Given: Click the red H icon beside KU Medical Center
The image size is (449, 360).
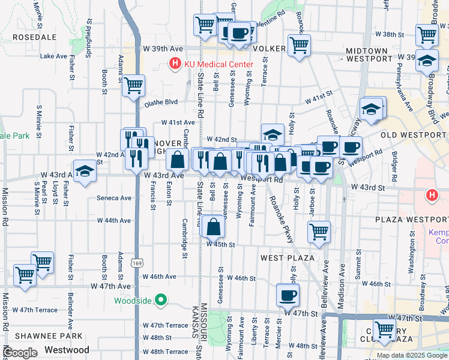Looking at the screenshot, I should pyautogui.click(x=175, y=64).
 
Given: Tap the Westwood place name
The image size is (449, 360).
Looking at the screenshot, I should pyautogui.click(x=67, y=350).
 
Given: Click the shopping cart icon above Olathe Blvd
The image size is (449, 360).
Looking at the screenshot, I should pyautogui.click(x=134, y=85).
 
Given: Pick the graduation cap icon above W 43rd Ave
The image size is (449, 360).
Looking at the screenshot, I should pyautogui.click(x=85, y=170).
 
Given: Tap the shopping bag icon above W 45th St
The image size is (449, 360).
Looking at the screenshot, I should pyautogui.click(x=213, y=227).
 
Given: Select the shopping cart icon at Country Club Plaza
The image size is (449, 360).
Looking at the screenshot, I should pyautogui.click(x=384, y=329).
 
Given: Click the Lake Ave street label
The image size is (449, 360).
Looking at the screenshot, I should pyautogui.click(x=53, y=56).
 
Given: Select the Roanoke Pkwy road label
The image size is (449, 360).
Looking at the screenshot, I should pyautogui.click(x=281, y=220).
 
